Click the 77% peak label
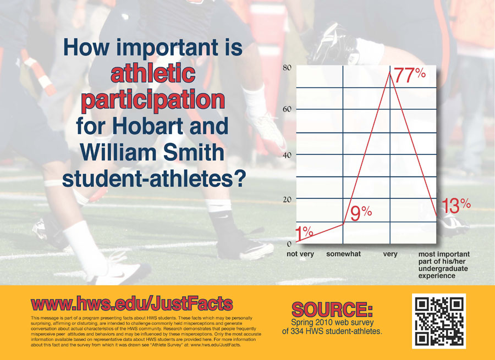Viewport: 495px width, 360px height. click(x=410, y=75)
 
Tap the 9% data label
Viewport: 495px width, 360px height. click(x=361, y=213)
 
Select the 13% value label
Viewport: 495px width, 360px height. click(x=456, y=206)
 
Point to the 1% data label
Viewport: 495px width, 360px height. click(x=304, y=233)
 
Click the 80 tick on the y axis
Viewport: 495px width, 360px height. click(x=287, y=68)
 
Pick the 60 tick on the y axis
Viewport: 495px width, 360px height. click(x=287, y=109)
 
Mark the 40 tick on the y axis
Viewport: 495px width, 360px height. click(x=287, y=155)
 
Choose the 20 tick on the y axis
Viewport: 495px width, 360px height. click(x=287, y=200)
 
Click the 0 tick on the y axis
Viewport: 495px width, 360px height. click(x=289, y=243)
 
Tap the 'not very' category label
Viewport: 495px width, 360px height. click(x=300, y=254)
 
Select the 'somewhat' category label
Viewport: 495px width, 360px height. click(x=343, y=254)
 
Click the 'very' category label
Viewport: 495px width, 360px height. click(x=390, y=254)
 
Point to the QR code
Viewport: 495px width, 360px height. click(x=439, y=321)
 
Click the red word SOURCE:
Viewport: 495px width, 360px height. click(x=332, y=309)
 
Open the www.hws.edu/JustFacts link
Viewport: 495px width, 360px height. click(x=132, y=303)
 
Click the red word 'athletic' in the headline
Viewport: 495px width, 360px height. click(x=153, y=73)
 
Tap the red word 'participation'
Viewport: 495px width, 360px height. click(x=153, y=101)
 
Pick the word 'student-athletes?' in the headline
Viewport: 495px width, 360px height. click(x=154, y=179)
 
